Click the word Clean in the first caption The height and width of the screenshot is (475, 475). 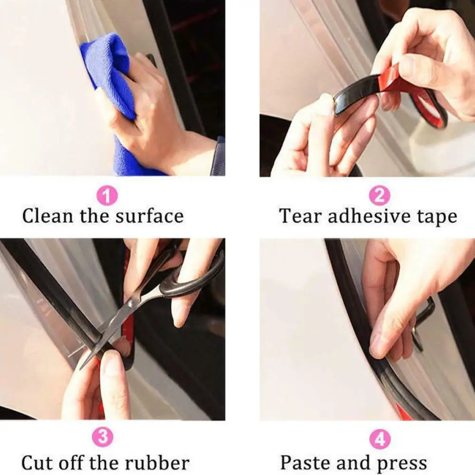coord(48,216)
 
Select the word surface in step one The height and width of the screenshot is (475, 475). coord(149,216)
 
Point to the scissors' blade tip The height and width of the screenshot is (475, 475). coord(82,367)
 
